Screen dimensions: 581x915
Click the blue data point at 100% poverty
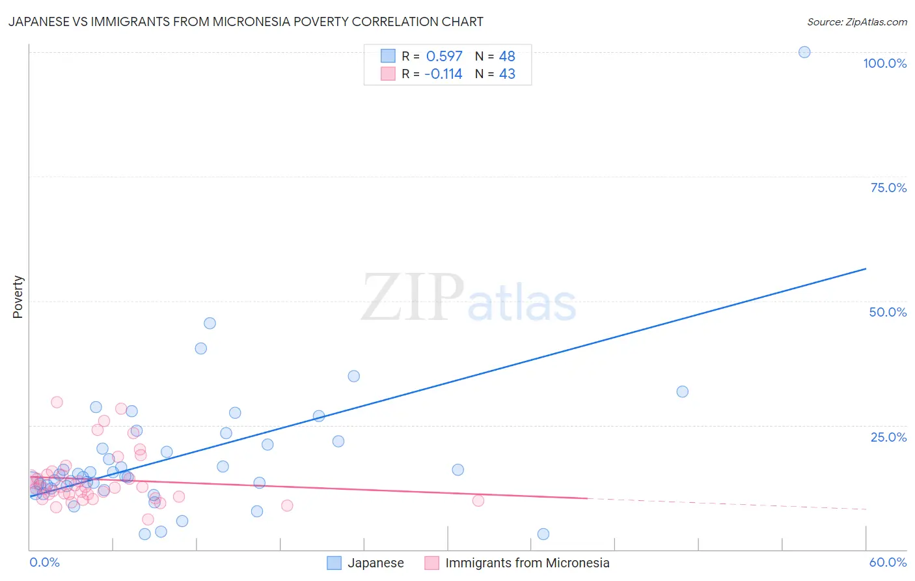click(x=804, y=52)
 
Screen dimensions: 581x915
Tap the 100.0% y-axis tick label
click(x=884, y=63)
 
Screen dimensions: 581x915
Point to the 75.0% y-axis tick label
click(x=888, y=188)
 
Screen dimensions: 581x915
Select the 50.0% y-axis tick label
click(x=888, y=312)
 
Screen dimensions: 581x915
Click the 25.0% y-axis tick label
click(x=888, y=437)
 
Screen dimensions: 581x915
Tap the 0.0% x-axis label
click(x=44, y=562)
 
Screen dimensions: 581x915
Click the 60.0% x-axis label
click(x=888, y=562)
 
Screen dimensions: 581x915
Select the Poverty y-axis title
click(x=18, y=297)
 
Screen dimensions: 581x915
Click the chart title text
click(x=245, y=21)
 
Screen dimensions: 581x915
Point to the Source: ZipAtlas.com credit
click(x=856, y=21)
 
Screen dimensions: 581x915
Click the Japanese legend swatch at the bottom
click(x=334, y=563)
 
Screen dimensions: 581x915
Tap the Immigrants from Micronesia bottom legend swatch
click(x=431, y=563)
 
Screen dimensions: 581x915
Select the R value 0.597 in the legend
click(x=444, y=57)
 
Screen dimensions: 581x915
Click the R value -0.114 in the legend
click(x=443, y=74)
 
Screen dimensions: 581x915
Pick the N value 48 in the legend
click(x=507, y=57)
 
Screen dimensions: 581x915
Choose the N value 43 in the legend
click(x=507, y=74)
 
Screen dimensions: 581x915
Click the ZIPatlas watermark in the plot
click(x=469, y=298)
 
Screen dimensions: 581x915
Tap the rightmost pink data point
click(x=478, y=500)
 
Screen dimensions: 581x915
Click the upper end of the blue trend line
click(x=866, y=268)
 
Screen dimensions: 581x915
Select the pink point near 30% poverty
click(x=57, y=402)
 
